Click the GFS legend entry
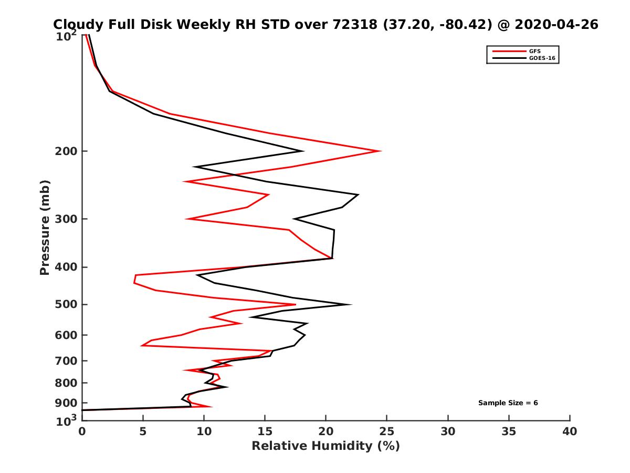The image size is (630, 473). (x=534, y=51)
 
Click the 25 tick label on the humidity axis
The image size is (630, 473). (x=387, y=431)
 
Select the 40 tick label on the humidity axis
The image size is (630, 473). (x=570, y=431)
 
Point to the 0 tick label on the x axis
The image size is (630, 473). (x=82, y=431)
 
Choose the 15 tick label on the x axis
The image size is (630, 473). (x=265, y=431)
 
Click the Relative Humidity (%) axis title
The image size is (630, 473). (x=325, y=446)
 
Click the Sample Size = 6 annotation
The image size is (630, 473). (x=508, y=403)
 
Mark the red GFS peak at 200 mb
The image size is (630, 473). (x=380, y=151)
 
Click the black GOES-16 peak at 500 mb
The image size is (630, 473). (x=351, y=304)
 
